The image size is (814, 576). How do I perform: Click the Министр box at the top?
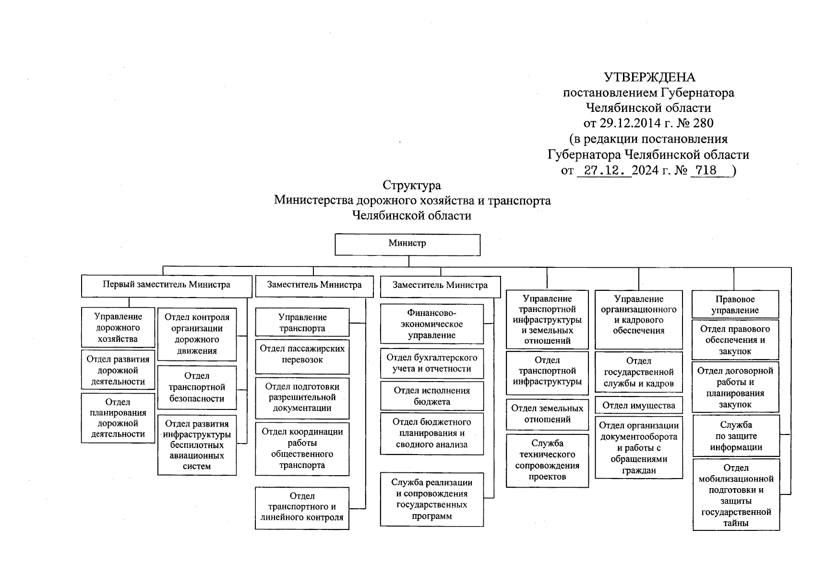[407, 244]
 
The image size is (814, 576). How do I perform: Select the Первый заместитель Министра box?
[167, 286]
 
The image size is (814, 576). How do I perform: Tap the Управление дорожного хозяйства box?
[118, 327]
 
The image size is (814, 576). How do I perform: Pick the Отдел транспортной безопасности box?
[197, 387]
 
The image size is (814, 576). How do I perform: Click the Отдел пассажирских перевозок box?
[302, 356]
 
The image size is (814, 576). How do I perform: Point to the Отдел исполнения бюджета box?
[431, 396]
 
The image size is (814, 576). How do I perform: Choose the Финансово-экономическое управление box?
[431, 324]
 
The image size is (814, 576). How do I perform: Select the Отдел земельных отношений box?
[547, 414]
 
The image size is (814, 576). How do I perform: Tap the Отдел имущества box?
[638, 406]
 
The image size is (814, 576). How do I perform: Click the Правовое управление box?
[735, 304]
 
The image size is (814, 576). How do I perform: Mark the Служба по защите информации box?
[736, 436]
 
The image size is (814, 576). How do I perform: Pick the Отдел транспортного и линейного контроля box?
[302, 507]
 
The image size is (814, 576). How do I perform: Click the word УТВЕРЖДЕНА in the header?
[649, 77]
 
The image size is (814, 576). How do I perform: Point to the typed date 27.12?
[604, 170]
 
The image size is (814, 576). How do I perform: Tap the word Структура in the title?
[411, 185]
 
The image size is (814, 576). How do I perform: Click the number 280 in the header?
[703, 123]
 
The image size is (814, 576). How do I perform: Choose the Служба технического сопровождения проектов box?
[547, 460]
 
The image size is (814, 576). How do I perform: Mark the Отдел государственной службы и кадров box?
[638, 372]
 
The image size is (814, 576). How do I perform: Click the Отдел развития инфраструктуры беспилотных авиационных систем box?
[197, 445]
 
